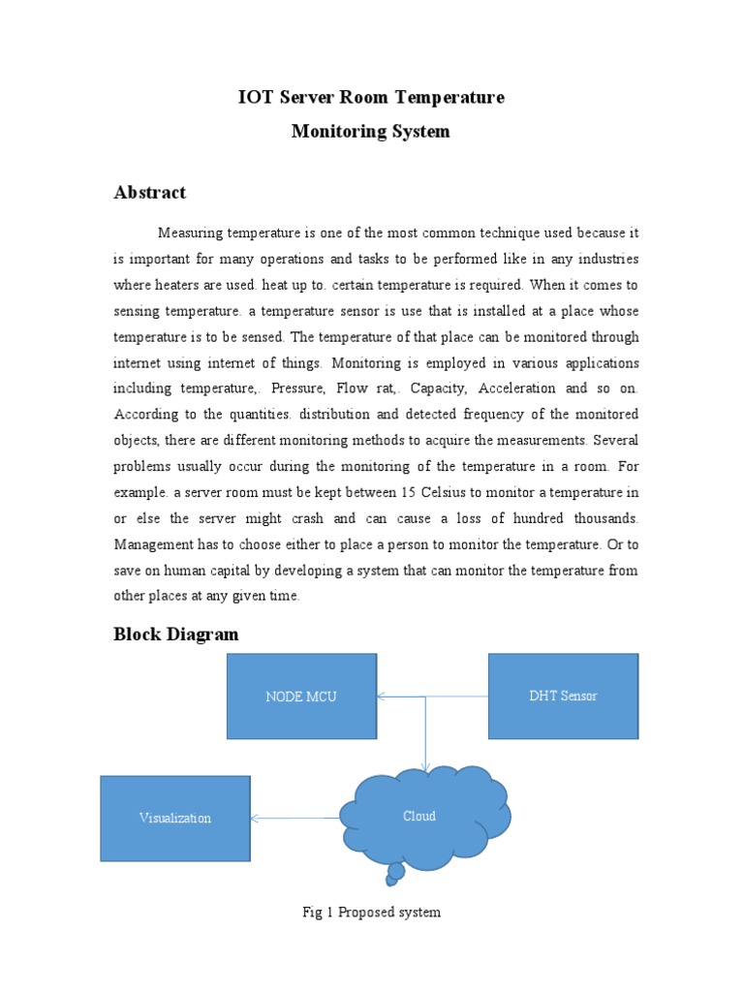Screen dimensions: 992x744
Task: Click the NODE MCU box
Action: (301, 696)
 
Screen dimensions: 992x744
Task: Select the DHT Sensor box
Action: (563, 696)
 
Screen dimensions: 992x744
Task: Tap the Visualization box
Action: (174, 818)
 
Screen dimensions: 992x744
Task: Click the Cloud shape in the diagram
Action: (420, 816)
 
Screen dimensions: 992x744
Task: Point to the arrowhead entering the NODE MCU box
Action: (382, 696)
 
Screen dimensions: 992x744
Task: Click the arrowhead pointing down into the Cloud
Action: (425, 767)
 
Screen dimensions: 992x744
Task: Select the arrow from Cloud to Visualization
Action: (295, 819)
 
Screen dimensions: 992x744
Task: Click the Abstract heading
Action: (149, 192)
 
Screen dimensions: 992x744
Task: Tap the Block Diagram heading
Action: (175, 635)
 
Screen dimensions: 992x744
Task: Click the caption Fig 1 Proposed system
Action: (372, 913)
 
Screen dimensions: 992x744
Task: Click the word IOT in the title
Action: (256, 97)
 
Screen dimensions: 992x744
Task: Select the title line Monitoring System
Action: (371, 131)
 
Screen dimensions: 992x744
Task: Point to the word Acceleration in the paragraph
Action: (514, 388)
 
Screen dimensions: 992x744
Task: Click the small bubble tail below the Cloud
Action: (395, 877)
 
